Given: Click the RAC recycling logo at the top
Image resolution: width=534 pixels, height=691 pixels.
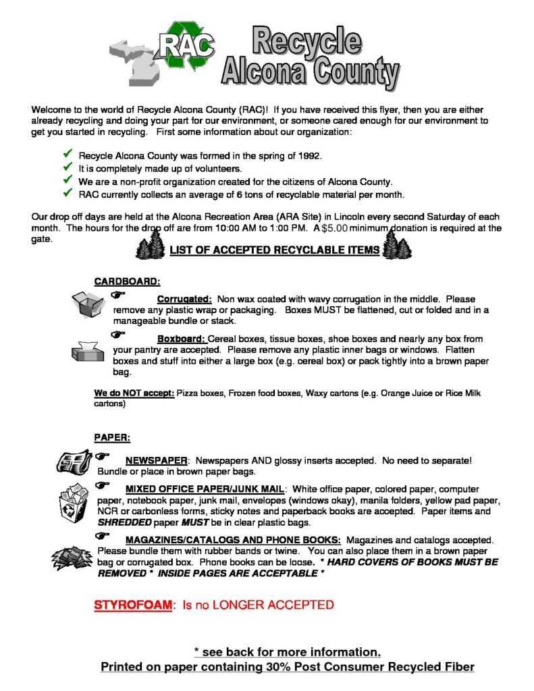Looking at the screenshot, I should coord(186,47).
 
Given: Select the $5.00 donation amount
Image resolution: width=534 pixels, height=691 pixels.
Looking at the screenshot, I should coord(334,228).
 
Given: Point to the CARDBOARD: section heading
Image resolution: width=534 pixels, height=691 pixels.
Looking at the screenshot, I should coord(127,281).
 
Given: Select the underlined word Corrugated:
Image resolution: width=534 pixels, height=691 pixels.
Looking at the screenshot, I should coord(184,299).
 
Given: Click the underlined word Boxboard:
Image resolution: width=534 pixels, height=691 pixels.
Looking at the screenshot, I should coord(181,339).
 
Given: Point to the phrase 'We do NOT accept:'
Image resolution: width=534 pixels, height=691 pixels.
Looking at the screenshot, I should coord(134,393).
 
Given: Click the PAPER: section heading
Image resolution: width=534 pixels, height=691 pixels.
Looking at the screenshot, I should coord(111,437).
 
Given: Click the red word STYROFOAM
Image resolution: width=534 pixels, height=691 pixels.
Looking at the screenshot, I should coord(133,605).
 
